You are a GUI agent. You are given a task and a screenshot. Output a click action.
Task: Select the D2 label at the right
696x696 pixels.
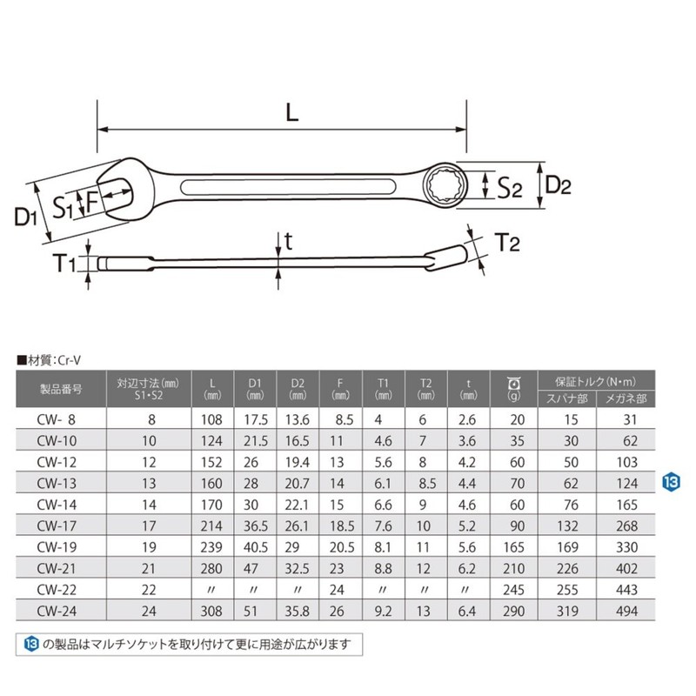[557, 184]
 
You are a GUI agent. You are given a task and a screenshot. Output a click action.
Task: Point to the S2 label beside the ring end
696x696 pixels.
[508, 186]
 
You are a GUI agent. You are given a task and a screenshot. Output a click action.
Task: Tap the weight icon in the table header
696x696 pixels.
[512, 383]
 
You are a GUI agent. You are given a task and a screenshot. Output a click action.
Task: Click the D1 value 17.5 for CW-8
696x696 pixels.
[254, 418]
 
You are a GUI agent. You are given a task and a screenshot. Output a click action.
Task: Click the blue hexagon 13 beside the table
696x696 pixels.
[669, 481]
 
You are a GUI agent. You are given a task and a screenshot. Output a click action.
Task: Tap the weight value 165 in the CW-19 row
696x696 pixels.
[512, 546]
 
